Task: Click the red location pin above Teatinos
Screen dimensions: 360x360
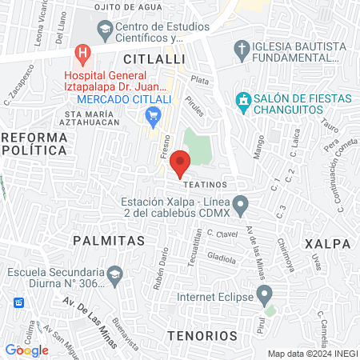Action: click(x=181, y=162)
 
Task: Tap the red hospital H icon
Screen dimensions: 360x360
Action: click(x=81, y=55)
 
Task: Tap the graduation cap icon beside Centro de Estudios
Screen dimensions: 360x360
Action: click(x=104, y=30)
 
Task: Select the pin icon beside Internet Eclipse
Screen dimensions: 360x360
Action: click(x=263, y=296)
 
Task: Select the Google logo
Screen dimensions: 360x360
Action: click(x=26, y=350)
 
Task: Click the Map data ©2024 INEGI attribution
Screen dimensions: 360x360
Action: click(x=311, y=354)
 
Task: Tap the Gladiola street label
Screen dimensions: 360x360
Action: click(x=221, y=258)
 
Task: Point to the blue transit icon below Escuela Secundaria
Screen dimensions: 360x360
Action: click(x=18, y=303)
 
